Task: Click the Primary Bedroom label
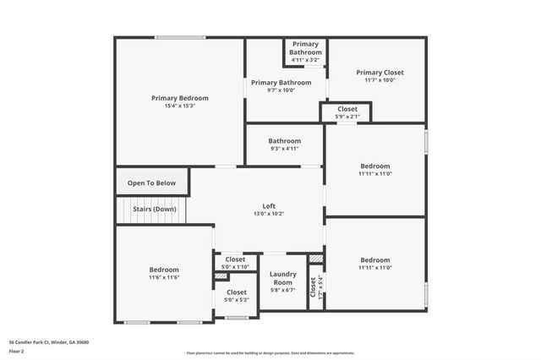180,98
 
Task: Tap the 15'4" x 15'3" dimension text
180,106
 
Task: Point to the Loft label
269,205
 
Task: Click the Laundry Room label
282,278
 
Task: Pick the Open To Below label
152,183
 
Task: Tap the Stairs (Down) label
155,209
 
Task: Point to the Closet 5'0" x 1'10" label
234,267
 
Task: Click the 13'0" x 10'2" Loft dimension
269,214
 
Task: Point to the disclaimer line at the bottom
270,352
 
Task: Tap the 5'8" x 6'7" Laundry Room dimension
282,290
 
